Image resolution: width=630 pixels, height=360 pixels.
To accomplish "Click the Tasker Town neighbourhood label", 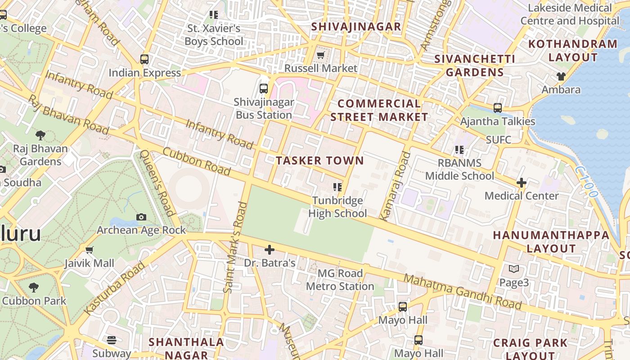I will point(320,161).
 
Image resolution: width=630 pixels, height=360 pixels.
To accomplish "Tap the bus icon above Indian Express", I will point(144,59).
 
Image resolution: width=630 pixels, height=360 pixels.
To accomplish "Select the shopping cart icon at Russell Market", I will point(320,55).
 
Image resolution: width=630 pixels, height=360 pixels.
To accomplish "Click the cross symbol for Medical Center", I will point(522,183).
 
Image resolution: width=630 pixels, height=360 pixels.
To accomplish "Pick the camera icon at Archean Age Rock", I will point(141,217).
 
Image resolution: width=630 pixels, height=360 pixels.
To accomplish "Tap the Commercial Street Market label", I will point(379,110).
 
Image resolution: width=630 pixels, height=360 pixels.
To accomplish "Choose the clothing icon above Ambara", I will point(561,76).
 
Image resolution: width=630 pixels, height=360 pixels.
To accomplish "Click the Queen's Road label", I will point(157,182).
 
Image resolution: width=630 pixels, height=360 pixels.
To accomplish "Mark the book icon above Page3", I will point(514,269).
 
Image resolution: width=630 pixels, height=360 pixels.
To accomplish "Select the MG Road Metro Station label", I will point(340,280).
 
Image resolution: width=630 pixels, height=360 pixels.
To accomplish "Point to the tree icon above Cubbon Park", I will point(34,287).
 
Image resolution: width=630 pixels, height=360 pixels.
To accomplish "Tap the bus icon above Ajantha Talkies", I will point(498,108).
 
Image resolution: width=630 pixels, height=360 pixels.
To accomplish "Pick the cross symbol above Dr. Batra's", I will point(270,249).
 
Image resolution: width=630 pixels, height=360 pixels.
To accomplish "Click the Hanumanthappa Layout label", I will point(551,242).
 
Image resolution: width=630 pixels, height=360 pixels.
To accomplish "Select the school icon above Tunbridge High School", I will point(337,187).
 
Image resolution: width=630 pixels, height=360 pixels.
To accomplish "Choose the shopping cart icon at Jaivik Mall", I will point(89,250).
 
